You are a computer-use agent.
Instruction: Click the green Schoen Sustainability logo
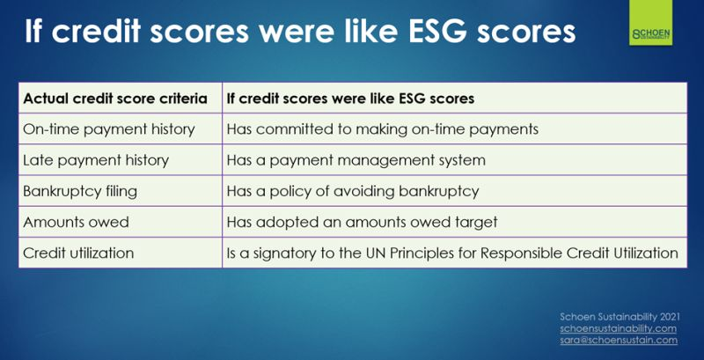[650, 22]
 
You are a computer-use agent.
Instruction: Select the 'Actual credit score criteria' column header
[115, 99]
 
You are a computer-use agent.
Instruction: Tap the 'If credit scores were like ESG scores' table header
[350, 99]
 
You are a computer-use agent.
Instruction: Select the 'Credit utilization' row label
[78, 253]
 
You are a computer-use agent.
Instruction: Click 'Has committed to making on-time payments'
[382, 129]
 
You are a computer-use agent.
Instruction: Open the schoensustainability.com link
[619, 328]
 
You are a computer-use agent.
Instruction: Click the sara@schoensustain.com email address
[619, 341]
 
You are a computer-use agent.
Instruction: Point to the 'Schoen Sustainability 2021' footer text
[620, 317]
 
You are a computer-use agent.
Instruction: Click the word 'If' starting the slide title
[34, 31]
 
